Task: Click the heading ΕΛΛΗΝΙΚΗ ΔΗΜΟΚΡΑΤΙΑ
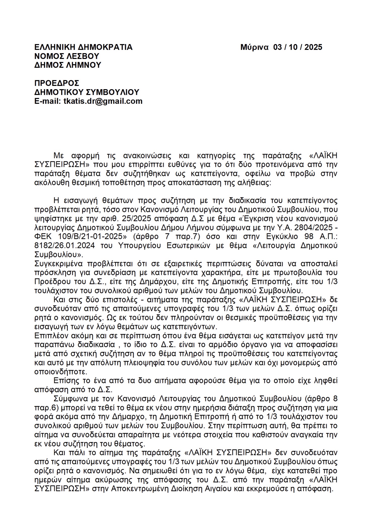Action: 83,47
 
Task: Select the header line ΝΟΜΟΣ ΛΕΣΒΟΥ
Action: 67,56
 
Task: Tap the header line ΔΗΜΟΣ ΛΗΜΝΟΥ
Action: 68,65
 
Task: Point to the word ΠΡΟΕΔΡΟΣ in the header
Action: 57,83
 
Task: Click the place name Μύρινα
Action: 254,47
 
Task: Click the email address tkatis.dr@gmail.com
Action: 103,101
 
